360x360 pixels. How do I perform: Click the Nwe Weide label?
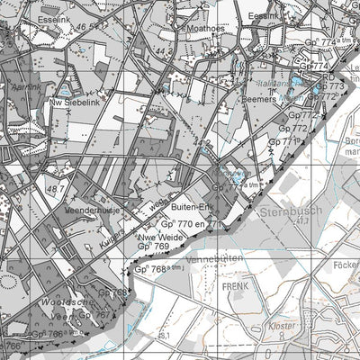[157, 238]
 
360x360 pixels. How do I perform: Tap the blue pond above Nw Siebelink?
[65, 93]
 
